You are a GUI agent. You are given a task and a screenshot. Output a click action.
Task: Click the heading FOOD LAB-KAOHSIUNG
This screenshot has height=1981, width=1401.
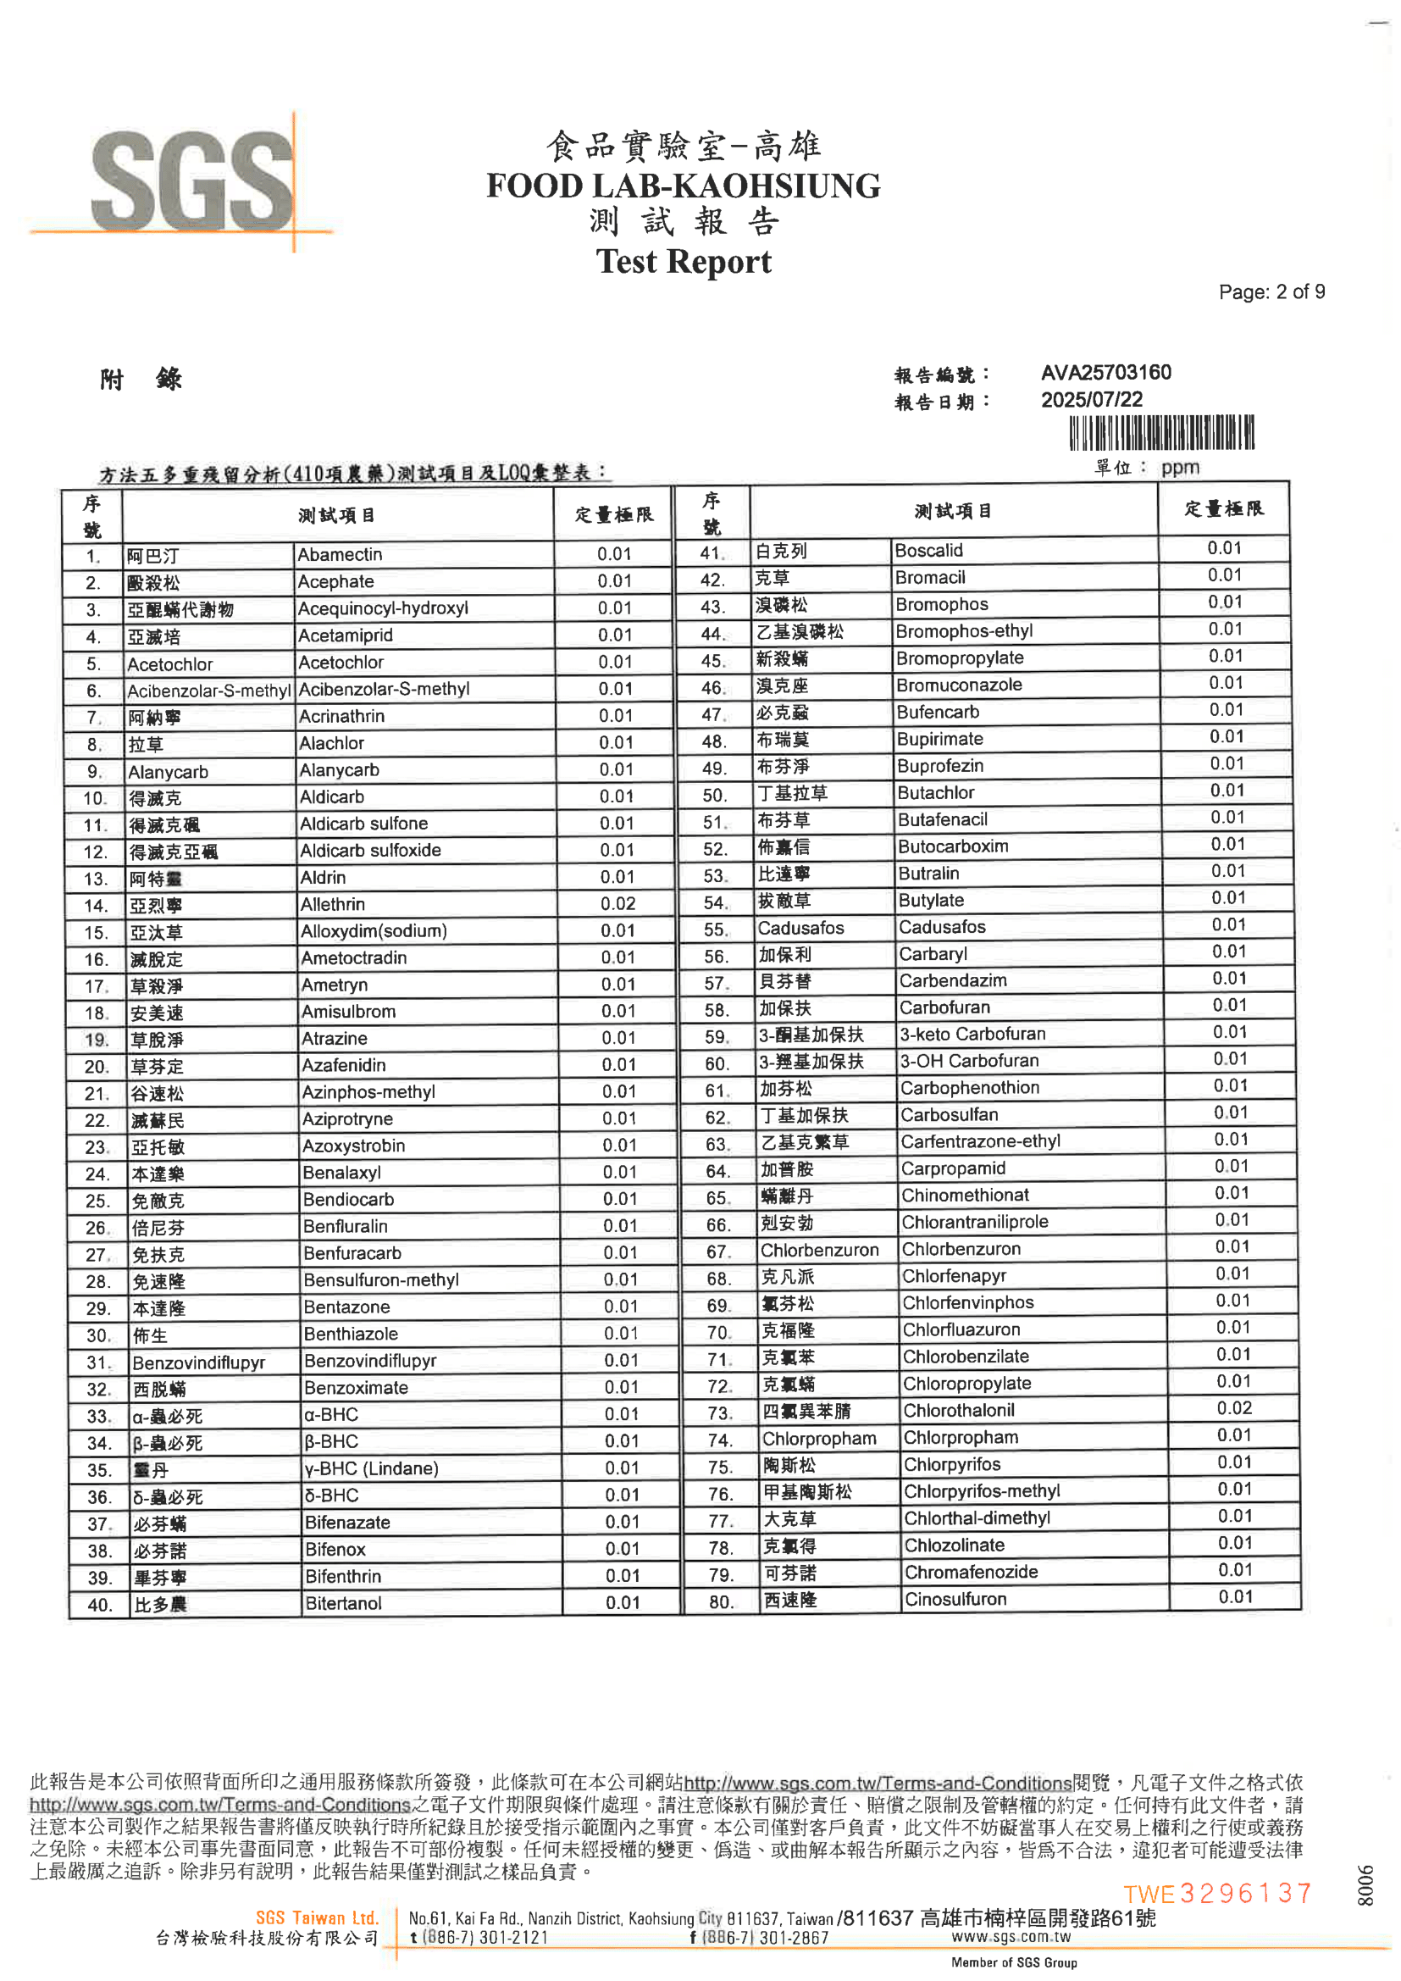tap(683, 186)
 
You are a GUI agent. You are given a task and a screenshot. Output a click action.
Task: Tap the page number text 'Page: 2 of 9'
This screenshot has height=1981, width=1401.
tap(1271, 292)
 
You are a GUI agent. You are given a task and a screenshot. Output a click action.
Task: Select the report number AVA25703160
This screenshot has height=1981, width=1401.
tap(1105, 373)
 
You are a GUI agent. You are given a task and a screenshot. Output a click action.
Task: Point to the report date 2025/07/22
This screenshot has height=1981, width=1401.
tap(1091, 399)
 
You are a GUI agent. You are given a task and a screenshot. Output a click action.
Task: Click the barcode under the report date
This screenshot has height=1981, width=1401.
tap(1161, 432)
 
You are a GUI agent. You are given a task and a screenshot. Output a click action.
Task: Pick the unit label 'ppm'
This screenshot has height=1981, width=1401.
tap(1179, 468)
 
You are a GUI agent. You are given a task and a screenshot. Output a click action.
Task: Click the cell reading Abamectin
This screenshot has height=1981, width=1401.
tap(340, 555)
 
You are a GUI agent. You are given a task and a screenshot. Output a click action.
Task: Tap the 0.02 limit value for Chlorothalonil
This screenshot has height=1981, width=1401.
tap(1233, 1408)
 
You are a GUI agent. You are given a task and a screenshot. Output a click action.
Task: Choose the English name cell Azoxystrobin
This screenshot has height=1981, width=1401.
tap(353, 1146)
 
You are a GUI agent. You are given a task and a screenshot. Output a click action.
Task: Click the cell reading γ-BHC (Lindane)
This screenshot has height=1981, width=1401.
tap(371, 1468)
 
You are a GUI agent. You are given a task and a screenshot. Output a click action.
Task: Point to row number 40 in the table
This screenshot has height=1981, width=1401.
tap(99, 1605)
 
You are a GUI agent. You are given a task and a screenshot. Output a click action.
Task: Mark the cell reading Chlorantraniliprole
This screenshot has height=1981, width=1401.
tap(974, 1222)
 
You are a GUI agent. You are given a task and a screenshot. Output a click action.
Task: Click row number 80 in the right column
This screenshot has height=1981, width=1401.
tap(720, 1602)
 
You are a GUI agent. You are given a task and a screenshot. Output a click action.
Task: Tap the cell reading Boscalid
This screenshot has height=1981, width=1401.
tap(928, 551)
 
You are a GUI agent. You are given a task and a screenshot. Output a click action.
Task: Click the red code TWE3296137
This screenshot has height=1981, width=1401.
tap(1216, 1893)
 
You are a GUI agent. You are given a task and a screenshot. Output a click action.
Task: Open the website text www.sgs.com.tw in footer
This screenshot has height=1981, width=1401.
tap(1011, 1937)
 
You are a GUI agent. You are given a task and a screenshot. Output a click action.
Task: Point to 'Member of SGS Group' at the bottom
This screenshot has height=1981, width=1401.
tap(1014, 1963)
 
